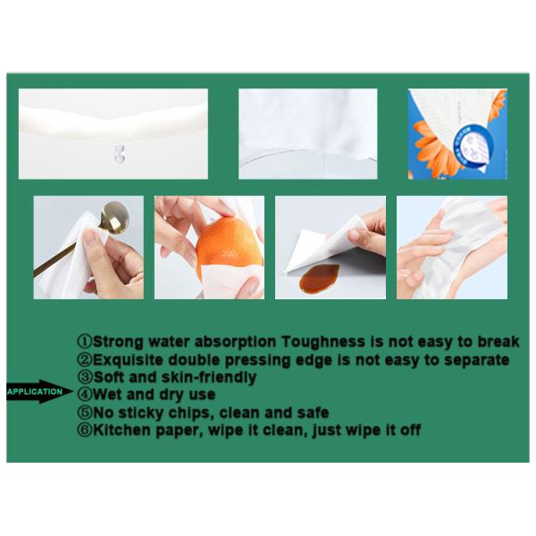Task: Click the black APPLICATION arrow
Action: (39, 391)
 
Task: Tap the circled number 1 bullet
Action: (85, 341)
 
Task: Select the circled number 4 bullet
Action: (85, 395)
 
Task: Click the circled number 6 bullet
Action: (85, 430)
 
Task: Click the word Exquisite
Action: (128, 360)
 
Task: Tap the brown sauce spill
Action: (319, 278)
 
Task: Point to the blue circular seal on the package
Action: (473, 147)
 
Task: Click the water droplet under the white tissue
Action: (120, 154)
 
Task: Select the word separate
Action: (476, 360)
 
